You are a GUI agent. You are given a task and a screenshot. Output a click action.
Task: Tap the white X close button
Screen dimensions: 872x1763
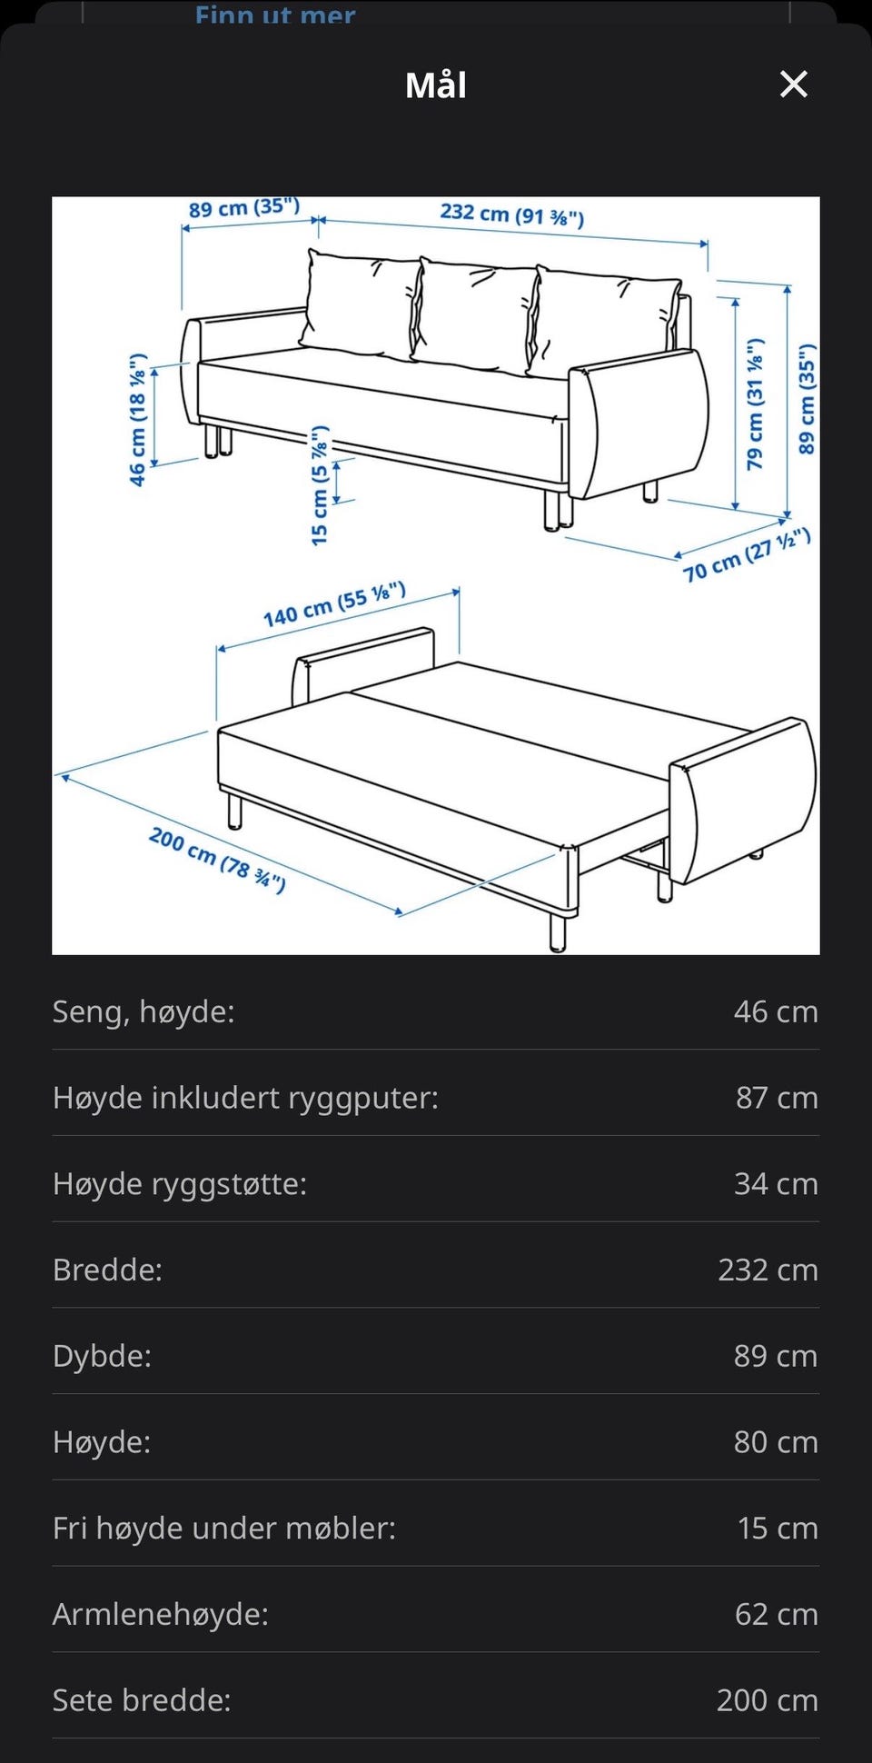(794, 85)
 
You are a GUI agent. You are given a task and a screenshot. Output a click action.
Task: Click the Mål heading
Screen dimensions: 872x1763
(436, 85)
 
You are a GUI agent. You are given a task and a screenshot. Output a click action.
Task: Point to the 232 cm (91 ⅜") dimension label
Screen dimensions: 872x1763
(512, 214)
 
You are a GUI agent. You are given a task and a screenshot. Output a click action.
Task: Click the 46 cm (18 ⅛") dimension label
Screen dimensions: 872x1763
(137, 420)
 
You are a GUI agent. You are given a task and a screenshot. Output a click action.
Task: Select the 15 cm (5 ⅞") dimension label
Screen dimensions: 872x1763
(319, 485)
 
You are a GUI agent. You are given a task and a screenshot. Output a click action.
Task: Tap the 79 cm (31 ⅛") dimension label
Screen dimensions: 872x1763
(755, 404)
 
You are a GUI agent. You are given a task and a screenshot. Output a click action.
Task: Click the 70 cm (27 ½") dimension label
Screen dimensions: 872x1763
(747, 554)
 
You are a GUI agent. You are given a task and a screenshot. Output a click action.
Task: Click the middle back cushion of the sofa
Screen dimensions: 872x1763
(474, 314)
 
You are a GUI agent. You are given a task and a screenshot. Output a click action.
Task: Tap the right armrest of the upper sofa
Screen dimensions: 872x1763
(640, 423)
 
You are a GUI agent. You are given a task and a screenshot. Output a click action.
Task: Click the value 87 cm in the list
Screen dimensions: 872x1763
(777, 1098)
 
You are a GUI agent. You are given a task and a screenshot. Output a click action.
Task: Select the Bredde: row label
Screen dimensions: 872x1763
(107, 1270)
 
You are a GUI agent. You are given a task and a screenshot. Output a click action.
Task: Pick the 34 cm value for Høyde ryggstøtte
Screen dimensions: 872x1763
(776, 1183)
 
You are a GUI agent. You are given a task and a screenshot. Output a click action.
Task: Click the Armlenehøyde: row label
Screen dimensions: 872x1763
(161, 1614)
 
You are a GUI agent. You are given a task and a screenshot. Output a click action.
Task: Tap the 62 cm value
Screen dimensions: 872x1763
(777, 1614)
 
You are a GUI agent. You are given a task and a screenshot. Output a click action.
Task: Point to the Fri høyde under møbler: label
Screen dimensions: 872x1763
(224, 1528)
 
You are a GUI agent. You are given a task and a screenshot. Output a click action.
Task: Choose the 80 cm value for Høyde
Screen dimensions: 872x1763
(776, 1441)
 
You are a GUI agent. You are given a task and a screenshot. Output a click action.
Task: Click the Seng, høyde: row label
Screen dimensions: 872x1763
(144, 1011)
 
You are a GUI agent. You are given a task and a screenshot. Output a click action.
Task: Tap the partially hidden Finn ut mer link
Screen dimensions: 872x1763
(275, 14)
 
